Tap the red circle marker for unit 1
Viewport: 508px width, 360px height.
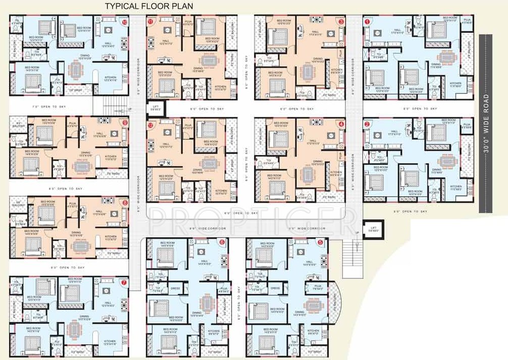367,22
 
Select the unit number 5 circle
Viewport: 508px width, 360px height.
320,242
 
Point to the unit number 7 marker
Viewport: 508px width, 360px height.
125,282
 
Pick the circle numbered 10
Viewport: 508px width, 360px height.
125,22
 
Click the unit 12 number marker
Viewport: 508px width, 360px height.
150,124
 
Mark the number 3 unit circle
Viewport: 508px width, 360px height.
341,22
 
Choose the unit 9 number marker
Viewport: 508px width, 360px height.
125,123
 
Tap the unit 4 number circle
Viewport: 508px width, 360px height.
341,124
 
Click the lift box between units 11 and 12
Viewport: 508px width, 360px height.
154,108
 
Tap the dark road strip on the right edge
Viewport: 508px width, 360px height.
486,177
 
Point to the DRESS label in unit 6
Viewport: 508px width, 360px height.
175,288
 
